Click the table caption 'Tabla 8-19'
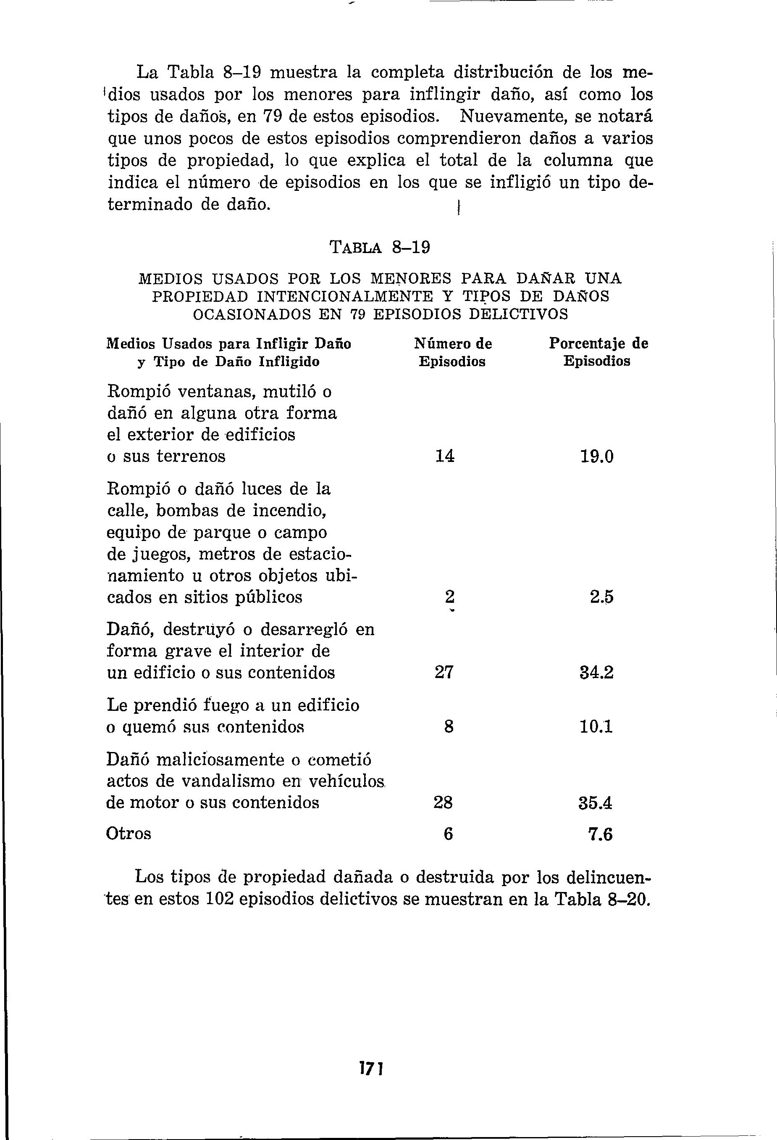tap(381, 247)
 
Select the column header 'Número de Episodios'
tap(452, 352)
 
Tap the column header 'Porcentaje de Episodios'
tap(598, 352)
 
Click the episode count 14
tap(445, 457)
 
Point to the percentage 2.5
tap(601, 597)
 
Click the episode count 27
tap(444, 672)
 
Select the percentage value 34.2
tap(596, 673)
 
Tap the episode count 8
tap(448, 726)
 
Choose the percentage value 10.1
tap(596, 726)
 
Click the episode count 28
tap(443, 802)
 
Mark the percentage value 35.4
tap(596, 803)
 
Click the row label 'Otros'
tap(129, 834)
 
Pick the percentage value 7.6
tap(600, 834)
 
